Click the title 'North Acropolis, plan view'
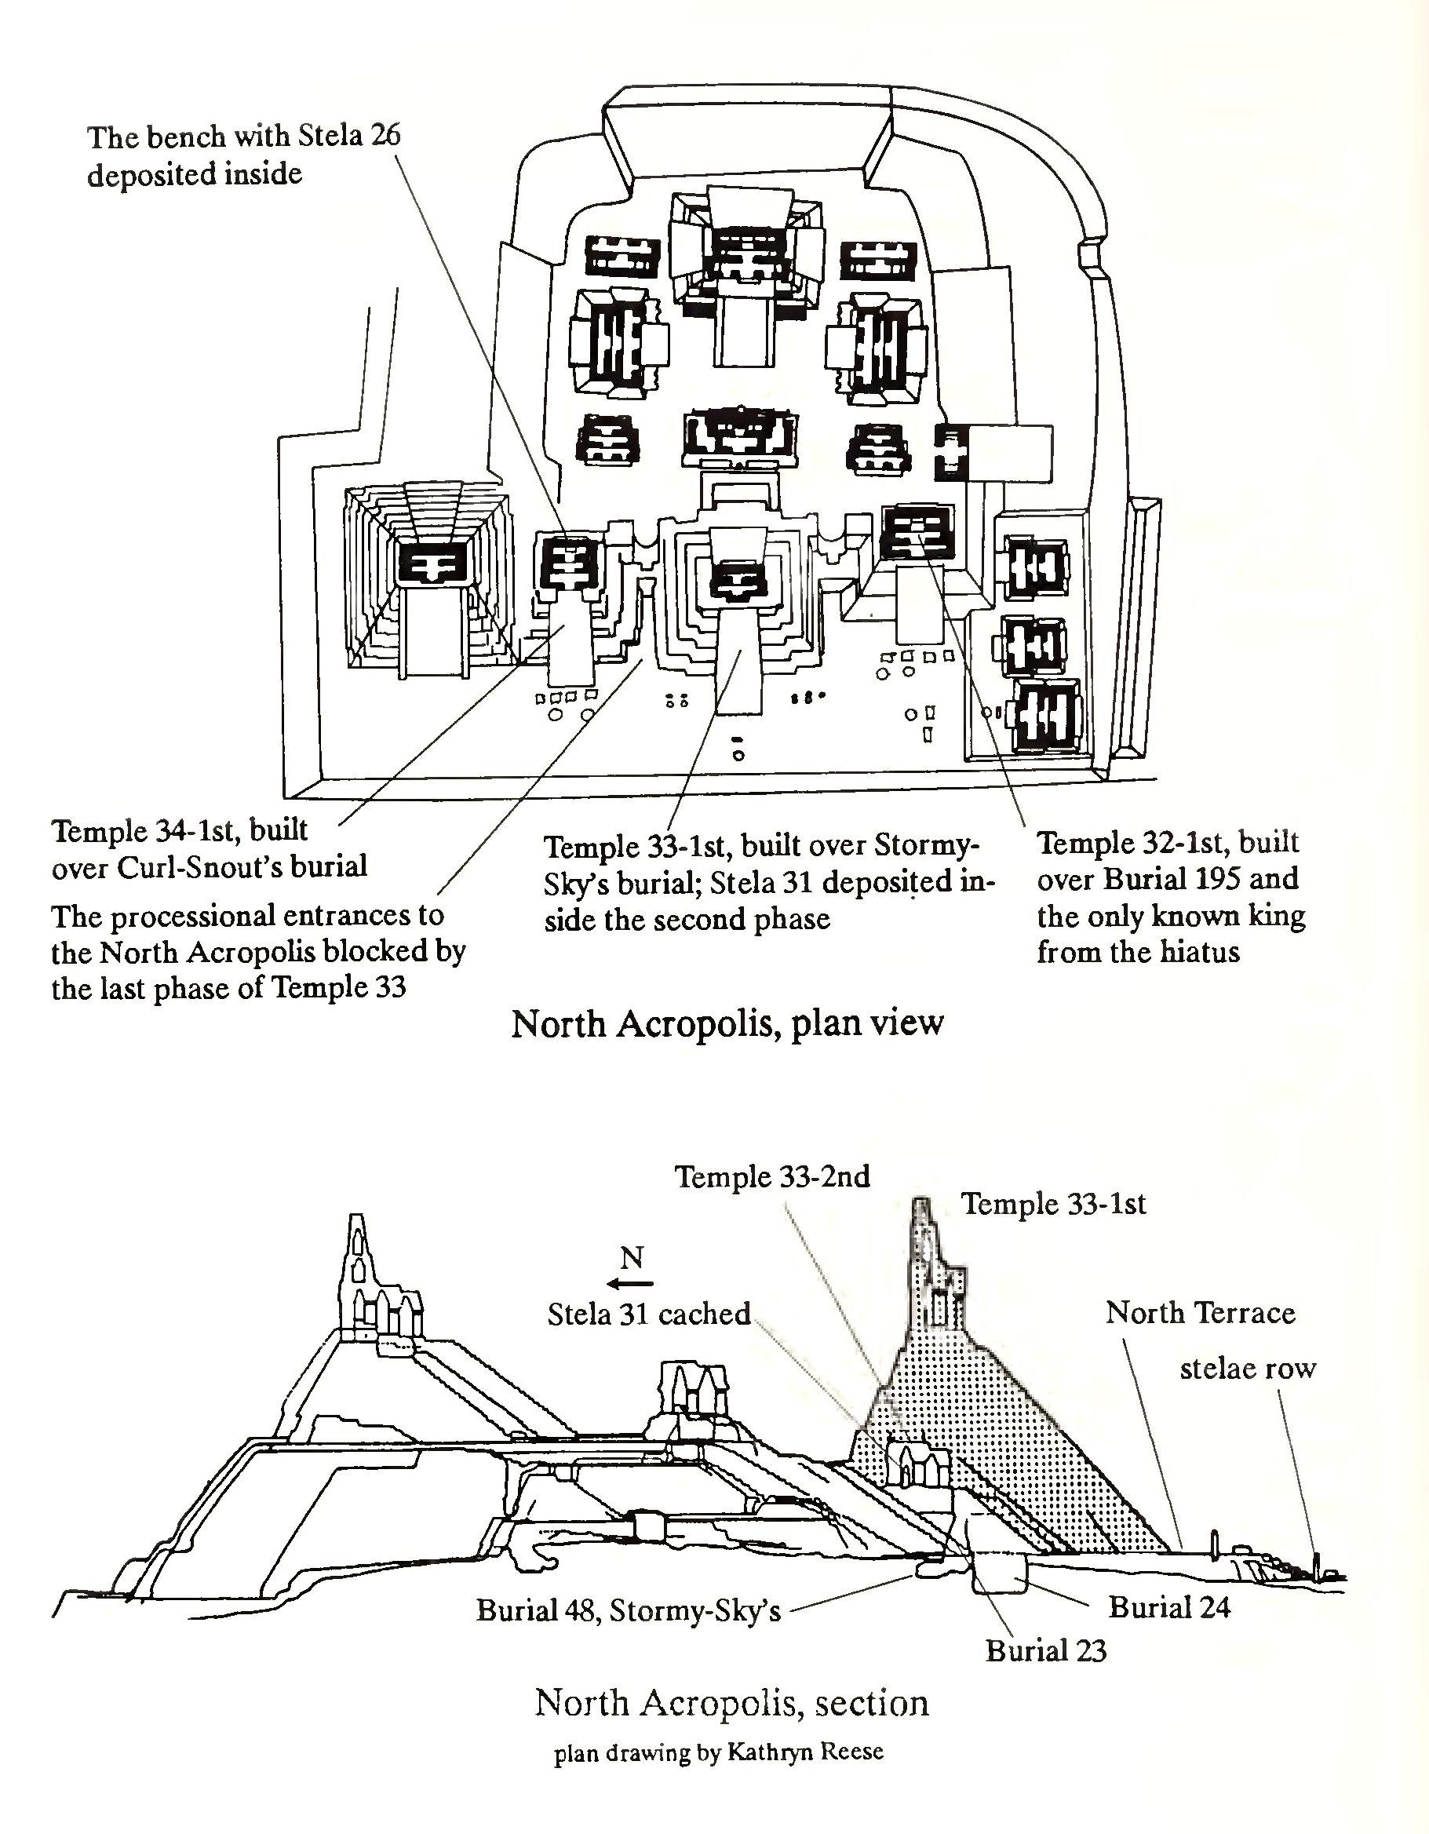727,1023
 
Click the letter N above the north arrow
632,1258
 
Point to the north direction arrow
632,1283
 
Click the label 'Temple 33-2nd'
772,1176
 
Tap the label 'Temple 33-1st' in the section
1053,1204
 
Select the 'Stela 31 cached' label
648,1314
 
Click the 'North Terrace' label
1200,1312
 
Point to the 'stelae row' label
1248,1369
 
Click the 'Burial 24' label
1168,1607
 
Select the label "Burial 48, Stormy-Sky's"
628,1610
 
